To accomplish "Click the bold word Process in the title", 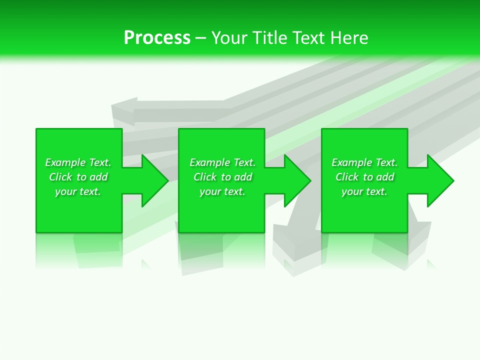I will (x=157, y=38).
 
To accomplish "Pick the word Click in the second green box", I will (x=205, y=177).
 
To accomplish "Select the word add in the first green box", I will (x=99, y=177).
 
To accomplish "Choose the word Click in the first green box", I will (x=60, y=177).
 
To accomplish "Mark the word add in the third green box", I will (x=385, y=177).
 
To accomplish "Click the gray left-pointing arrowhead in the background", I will (x=125, y=110).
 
